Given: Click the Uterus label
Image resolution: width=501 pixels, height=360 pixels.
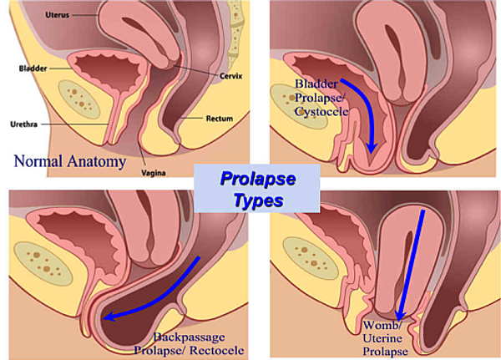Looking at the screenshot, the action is pyautogui.click(x=57, y=15).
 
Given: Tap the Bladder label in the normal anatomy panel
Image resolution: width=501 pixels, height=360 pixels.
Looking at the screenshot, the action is pyautogui.click(x=33, y=68).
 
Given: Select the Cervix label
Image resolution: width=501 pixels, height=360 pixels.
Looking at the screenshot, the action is pyautogui.click(x=230, y=76).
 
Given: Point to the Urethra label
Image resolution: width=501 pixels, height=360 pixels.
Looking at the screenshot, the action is pyautogui.click(x=24, y=124).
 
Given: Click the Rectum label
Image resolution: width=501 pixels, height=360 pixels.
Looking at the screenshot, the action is pyautogui.click(x=219, y=119).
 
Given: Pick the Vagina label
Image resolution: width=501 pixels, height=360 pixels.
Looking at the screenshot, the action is pyautogui.click(x=154, y=173).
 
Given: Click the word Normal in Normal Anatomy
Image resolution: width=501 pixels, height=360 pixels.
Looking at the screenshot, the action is pyautogui.click(x=38, y=161).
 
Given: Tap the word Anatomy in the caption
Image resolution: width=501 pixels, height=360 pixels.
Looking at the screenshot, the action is pyautogui.click(x=96, y=161).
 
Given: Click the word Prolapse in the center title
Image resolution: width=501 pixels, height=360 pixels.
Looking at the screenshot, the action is pyautogui.click(x=257, y=179).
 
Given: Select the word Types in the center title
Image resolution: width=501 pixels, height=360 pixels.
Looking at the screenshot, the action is pyautogui.click(x=259, y=200).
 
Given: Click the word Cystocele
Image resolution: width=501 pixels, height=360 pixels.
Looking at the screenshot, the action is pyautogui.click(x=321, y=112).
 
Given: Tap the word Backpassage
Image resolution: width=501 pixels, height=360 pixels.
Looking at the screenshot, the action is pyautogui.click(x=189, y=337).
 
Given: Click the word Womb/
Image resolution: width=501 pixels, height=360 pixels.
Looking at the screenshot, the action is pyautogui.click(x=382, y=325).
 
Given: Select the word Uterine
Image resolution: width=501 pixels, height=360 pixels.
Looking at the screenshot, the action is pyautogui.click(x=382, y=338).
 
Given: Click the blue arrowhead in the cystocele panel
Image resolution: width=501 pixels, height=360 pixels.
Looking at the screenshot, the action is pyautogui.click(x=371, y=149).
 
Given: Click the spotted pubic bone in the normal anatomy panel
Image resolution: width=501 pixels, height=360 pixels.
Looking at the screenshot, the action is pyautogui.click(x=79, y=99).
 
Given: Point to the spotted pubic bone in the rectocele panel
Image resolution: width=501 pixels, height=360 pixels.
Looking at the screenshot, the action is pyautogui.click(x=43, y=263).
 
